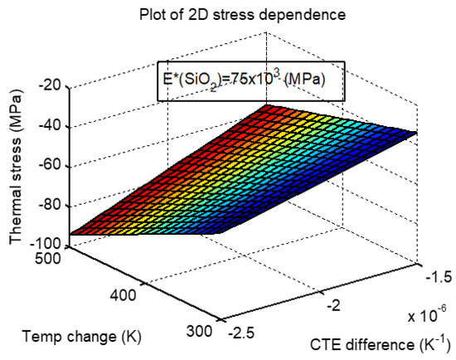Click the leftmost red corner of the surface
tap(72, 235)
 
